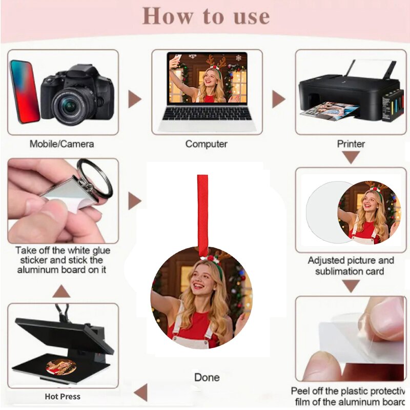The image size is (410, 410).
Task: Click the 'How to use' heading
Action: [206, 16]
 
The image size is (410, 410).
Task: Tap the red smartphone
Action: [24, 92]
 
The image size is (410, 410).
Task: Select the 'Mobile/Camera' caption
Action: [61, 144]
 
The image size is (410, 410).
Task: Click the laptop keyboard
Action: [207, 114]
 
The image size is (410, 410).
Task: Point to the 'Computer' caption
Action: [207, 144]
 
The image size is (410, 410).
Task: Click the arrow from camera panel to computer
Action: [135, 99]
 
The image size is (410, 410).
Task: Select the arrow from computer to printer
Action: [278, 99]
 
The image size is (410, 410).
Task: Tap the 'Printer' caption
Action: [351, 144]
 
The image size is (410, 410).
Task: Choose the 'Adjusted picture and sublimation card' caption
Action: [351, 265]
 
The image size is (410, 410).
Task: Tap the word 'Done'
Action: [207, 377]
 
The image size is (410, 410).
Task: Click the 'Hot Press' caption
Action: [63, 396]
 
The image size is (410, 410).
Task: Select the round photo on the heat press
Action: [61, 366]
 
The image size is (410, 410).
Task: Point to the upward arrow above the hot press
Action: [61, 291]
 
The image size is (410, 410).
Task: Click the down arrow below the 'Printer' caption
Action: [351, 158]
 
